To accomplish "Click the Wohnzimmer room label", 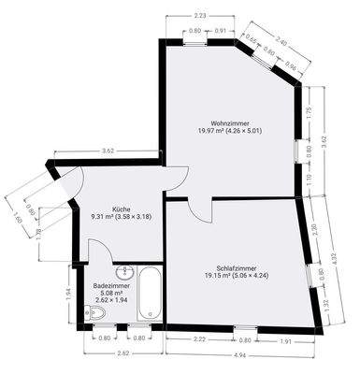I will pyautogui.click(x=229, y=122).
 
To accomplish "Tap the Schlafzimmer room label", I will pyautogui.click(x=229, y=267).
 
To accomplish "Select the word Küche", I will pyautogui.click(x=121, y=209).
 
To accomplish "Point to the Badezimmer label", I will pyautogui.click(x=111, y=285).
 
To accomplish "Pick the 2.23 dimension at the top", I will pyautogui.click(x=200, y=16).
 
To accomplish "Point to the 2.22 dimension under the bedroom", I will pyautogui.click(x=200, y=340).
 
